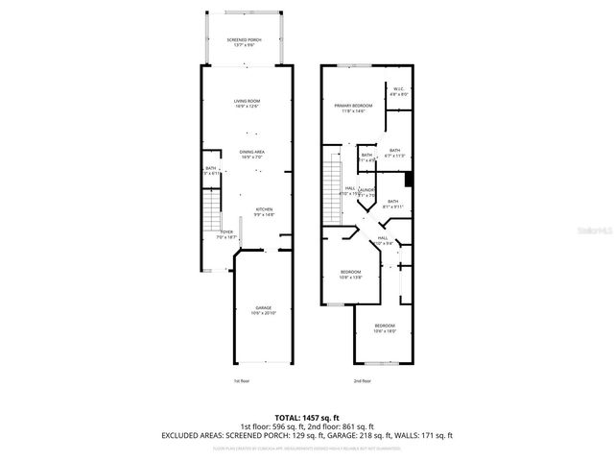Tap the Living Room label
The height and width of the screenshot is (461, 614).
pyautogui.click(x=248, y=103)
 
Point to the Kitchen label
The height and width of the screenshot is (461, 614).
pyautogui.click(x=264, y=212)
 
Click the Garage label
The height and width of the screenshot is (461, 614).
pyautogui.click(x=263, y=310)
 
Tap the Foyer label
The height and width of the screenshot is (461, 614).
pyautogui.click(x=226, y=234)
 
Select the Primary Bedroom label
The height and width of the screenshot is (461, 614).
pyautogui.click(x=353, y=108)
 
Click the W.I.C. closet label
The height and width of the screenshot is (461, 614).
pyautogui.click(x=398, y=92)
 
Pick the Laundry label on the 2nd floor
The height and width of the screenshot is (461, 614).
pyautogui.click(x=367, y=193)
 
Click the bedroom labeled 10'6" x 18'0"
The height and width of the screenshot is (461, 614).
pyautogui.click(x=385, y=328)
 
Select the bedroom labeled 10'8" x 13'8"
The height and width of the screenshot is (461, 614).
pyautogui.click(x=351, y=274)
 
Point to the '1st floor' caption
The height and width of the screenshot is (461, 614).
pyautogui.click(x=241, y=381)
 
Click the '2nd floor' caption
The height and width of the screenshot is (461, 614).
pyautogui.click(x=364, y=381)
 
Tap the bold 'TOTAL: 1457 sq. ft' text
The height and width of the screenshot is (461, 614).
pyautogui.click(x=306, y=415)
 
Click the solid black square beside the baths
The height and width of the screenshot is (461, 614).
pyautogui.click(x=409, y=179)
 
